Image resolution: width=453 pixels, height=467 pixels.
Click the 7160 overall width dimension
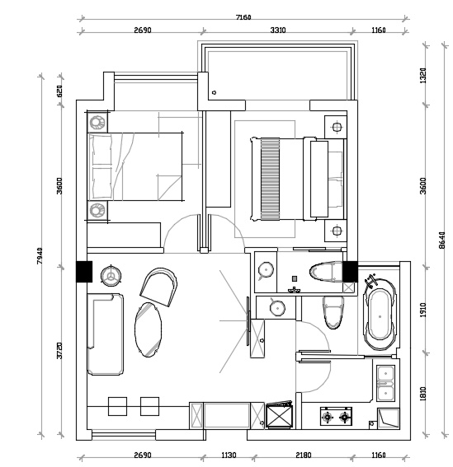click(243, 17)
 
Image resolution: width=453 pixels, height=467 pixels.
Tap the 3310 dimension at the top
click(278, 30)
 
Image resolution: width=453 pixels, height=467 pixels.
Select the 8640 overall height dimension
click(442, 241)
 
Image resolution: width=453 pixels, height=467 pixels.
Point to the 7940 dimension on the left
click(40, 255)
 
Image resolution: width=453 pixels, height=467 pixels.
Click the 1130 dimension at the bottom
click(229, 455)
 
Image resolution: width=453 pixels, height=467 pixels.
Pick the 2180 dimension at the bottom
click(303, 455)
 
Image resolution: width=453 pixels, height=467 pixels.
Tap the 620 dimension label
click(59, 91)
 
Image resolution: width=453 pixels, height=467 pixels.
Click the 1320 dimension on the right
click(423, 75)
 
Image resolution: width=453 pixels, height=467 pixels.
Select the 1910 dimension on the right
click(423, 310)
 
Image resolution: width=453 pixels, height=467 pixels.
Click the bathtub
click(380, 315)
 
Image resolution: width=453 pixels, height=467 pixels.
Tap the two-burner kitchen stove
click(336, 417)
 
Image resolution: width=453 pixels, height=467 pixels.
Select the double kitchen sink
click(385, 383)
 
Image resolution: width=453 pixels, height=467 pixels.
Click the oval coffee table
click(149, 329)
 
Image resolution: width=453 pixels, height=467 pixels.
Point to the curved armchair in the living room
click(158, 287)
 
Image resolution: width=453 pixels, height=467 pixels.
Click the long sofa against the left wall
click(106, 334)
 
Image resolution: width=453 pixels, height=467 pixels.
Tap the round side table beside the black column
click(111, 277)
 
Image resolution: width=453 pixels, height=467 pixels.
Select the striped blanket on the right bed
click(270, 179)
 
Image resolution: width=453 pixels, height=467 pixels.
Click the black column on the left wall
click(84, 271)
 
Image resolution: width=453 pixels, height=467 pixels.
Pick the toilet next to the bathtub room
click(333, 313)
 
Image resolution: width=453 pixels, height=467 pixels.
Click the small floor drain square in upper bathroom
click(295, 278)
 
